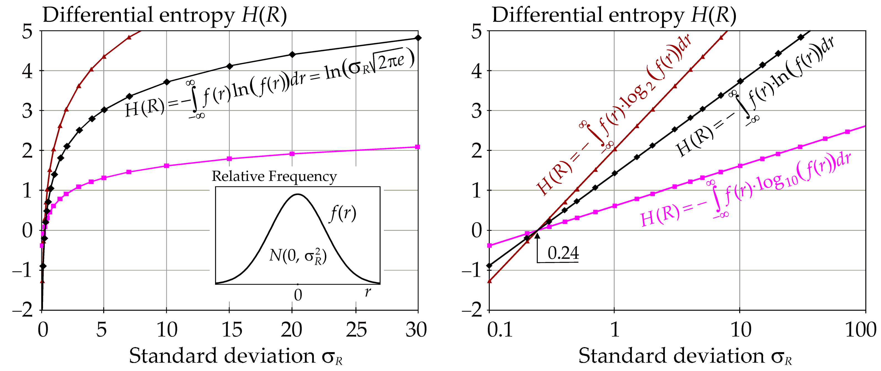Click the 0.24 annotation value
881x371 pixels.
563,253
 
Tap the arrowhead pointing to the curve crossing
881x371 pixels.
537,235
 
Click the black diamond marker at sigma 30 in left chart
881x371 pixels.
418,38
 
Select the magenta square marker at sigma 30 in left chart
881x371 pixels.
417,147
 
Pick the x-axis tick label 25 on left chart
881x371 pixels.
356,330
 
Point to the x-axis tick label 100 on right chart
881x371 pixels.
860,330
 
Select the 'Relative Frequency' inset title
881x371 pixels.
274,176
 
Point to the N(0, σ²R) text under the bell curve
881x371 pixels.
297,256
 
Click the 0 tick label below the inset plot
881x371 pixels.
298,295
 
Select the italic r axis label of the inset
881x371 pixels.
368,292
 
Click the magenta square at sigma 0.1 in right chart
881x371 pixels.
489,246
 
